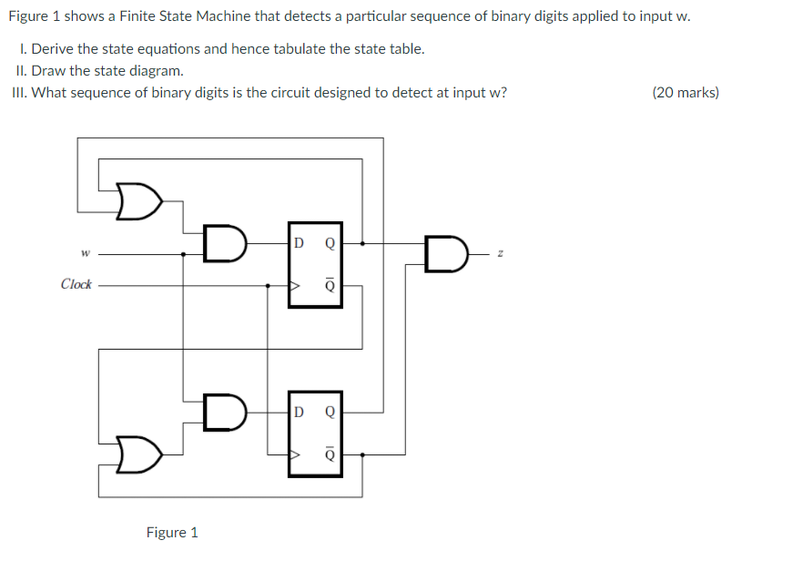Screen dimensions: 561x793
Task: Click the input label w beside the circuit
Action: [x=85, y=254]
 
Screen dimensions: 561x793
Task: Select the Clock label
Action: [x=76, y=284]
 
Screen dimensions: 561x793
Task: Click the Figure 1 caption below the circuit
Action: [x=172, y=532]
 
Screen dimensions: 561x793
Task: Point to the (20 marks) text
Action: [x=686, y=92]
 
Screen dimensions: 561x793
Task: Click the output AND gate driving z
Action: [x=447, y=254]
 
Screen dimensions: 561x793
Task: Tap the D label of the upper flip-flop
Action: [x=299, y=243]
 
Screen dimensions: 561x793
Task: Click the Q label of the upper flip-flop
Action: [x=330, y=243]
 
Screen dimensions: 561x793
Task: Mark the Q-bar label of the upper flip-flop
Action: [x=330, y=285]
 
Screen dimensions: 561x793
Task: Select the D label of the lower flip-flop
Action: [x=299, y=411]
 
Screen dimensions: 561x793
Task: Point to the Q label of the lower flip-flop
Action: [x=330, y=411]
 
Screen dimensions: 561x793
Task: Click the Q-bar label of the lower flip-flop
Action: [x=330, y=453]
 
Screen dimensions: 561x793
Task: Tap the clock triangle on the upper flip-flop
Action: [x=294, y=285]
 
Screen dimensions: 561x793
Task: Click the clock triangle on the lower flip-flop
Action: [x=294, y=453]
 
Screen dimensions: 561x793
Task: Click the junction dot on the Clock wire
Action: [x=267, y=285]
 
